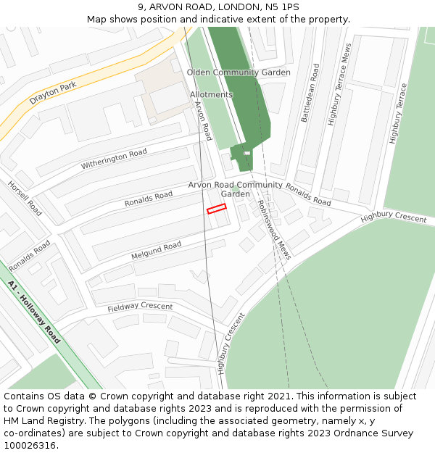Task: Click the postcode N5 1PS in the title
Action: [x=281, y=7]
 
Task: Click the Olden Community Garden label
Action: [x=239, y=72]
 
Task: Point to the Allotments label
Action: [x=211, y=95]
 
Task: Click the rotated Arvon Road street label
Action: [x=202, y=120]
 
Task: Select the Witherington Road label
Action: [x=114, y=159]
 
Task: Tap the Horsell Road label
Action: [x=25, y=198]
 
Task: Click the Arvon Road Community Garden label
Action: [x=236, y=189]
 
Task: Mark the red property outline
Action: [x=217, y=209]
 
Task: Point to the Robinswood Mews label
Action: [x=274, y=230]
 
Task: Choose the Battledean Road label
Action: [x=310, y=93]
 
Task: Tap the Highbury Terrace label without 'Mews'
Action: [x=399, y=115]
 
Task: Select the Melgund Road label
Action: [x=156, y=251]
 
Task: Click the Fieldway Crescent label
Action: [x=140, y=307]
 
